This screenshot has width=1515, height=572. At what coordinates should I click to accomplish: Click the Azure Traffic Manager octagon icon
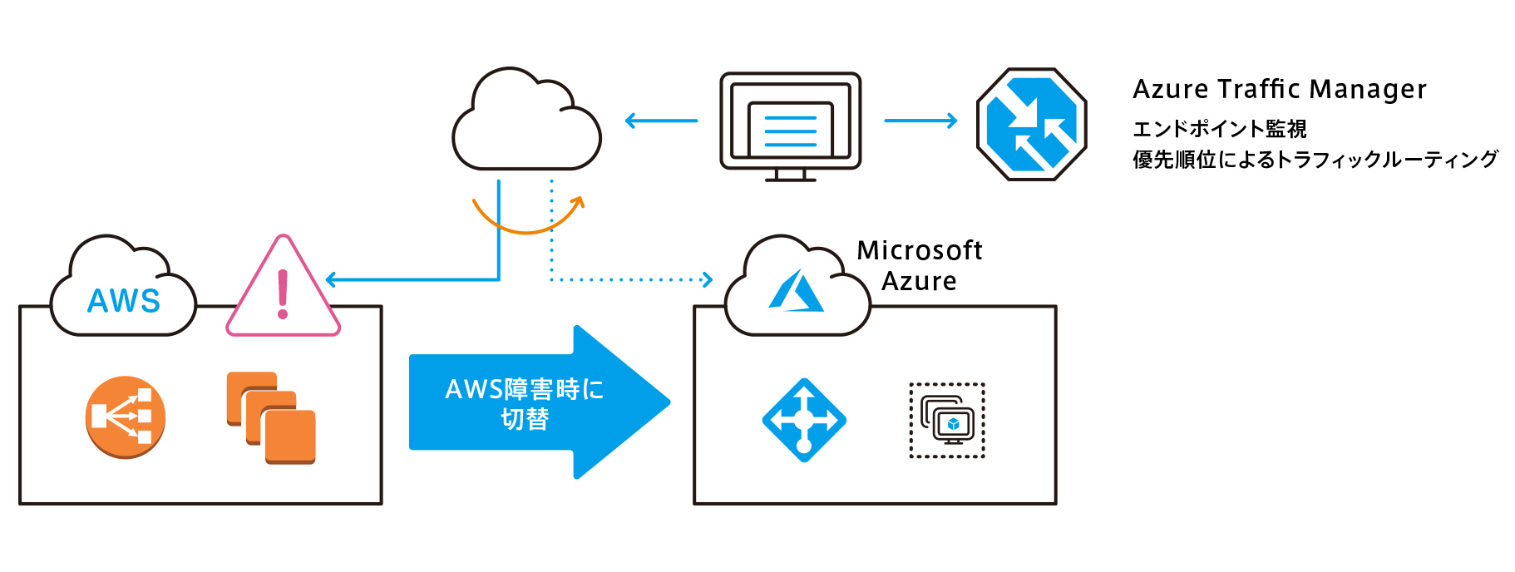pyautogui.click(x=1031, y=124)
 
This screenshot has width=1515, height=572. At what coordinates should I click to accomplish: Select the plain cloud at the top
pyautogui.click(x=526, y=123)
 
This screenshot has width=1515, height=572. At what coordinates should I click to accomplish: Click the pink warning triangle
pyautogui.click(x=284, y=292)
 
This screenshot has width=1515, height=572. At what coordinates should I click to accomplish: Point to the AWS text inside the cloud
pyautogui.click(x=124, y=300)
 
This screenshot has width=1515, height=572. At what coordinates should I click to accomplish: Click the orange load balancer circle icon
pyautogui.click(x=126, y=417)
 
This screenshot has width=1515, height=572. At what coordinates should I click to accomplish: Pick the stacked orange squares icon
pyautogui.click(x=271, y=417)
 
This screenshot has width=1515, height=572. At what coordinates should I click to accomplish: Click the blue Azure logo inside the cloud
pyautogui.click(x=797, y=291)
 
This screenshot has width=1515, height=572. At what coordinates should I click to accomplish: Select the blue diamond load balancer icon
pyautogui.click(x=804, y=420)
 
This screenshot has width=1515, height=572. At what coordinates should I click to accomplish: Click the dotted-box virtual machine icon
pyautogui.click(x=947, y=420)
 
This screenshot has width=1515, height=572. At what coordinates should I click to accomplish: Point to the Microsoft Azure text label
pyautogui.click(x=920, y=265)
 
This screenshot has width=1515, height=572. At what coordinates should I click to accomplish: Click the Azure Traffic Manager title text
pyautogui.click(x=1279, y=89)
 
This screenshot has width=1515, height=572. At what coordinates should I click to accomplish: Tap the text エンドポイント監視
pyautogui.click(x=1219, y=129)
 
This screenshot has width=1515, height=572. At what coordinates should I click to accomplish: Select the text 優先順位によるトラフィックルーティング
pyautogui.click(x=1315, y=160)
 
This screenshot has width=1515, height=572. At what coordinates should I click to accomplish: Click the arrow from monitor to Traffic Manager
pyautogui.click(x=920, y=121)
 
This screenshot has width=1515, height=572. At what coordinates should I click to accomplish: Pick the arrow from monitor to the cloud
pyautogui.click(x=661, y=121)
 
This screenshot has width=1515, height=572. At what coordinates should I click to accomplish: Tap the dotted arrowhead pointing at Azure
pyautogui.click(x=708, y=279)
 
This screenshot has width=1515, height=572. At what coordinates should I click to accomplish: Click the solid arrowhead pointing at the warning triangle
pyautogui.click(x=331, y=279)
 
